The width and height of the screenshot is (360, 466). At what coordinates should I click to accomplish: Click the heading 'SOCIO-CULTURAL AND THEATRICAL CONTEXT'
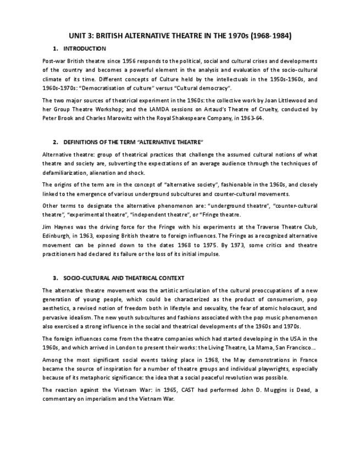pos(124,278)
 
